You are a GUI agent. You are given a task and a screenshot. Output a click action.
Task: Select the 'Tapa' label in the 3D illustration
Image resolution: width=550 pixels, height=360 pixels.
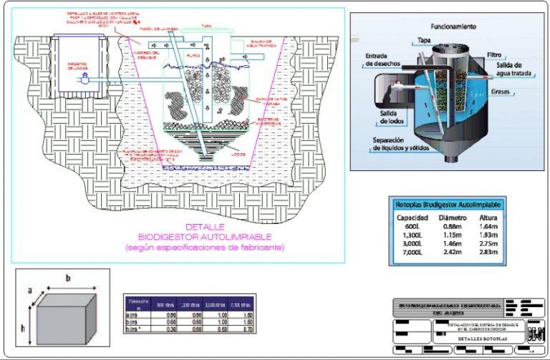point(424,41)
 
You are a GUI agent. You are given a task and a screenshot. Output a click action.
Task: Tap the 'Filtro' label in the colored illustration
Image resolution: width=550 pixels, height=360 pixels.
point(494,54)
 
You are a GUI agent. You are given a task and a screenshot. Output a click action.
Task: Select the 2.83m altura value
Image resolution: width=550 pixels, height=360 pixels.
point(488,251)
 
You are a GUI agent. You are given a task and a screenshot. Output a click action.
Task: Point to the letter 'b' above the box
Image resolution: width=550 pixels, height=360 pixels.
point(67,278)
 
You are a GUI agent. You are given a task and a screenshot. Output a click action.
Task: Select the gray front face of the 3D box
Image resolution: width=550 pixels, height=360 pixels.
point(60,323)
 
